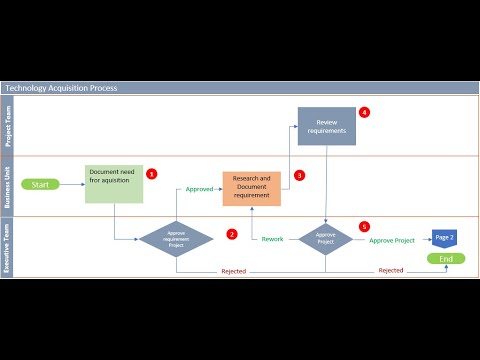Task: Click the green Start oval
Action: [40, 184]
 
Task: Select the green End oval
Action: [445, 258]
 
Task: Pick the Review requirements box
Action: [326, 125]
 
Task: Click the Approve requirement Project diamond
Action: [175, 239]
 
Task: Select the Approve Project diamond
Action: [326, 239]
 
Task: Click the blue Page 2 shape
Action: [445, 237]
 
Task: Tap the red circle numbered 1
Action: [152, 173]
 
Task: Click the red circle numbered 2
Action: [232, 234]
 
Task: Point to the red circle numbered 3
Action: [299, 174]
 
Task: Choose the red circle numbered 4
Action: [365, 112]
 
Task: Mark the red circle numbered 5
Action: [364, 227]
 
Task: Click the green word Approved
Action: [200, 188]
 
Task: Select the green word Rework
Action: [273, 239]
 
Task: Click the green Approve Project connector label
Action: [391, 240]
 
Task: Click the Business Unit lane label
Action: [10, 186]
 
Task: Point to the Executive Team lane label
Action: [10, 247]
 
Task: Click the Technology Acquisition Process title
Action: [62, 88]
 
